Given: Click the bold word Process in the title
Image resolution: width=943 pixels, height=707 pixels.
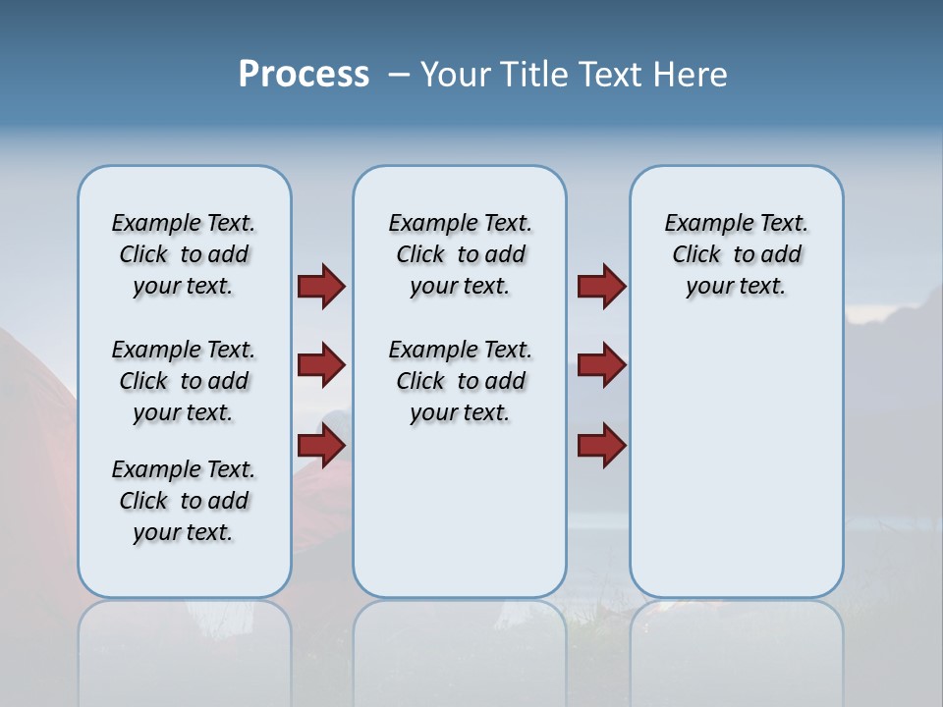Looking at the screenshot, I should [x=304, y=74].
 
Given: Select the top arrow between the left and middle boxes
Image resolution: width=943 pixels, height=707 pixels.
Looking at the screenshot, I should [x=320, y=286].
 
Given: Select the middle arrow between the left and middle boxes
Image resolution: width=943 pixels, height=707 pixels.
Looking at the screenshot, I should [x=320, y=365].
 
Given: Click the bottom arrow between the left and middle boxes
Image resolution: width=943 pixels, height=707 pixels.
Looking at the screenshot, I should [x=320, y=446].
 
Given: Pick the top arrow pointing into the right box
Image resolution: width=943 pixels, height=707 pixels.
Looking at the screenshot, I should [x=601, y=286].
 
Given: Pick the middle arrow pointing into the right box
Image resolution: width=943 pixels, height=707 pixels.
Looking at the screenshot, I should [x=601, y=365].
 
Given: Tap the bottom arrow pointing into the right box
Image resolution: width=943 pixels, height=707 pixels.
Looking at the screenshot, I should [x=601, y=446].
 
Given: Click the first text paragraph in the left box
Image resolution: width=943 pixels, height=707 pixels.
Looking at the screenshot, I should [x=184, y=254].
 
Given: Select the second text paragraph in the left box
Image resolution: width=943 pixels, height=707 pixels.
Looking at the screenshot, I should [x=184, y=381].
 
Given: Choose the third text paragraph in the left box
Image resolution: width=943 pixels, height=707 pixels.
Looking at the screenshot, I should [x=184, y=501].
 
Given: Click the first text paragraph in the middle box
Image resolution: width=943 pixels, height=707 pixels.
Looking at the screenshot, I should [x=460, y=254].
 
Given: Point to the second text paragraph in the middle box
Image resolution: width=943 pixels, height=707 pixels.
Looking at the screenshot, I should [x=460, y=381].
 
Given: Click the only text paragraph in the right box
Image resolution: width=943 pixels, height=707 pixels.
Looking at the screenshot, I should [x=737, y=254].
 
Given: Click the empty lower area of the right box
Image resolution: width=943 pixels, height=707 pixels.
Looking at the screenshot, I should [x=737, y=471].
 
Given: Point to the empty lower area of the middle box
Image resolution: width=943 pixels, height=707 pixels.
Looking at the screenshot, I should [x=460, y=511].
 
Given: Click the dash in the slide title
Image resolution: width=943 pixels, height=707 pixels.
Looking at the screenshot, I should [x=400, y=74].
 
